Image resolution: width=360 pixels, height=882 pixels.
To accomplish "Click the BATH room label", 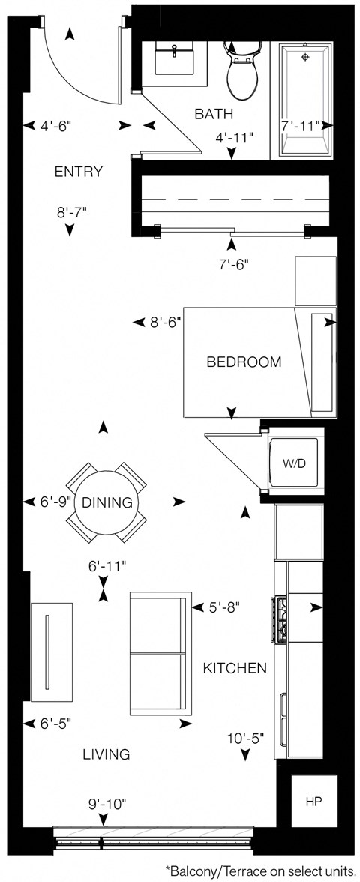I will [214, 114].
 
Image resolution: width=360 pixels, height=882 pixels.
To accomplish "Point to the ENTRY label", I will [78, 172].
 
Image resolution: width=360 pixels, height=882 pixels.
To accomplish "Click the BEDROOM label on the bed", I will [244, 361].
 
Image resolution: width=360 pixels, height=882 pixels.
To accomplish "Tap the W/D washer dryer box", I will [294, 463].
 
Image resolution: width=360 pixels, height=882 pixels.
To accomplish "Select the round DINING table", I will [106, 502].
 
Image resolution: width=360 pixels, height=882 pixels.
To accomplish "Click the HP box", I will [312, 802].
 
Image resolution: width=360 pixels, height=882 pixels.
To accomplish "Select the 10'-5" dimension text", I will [245, 738].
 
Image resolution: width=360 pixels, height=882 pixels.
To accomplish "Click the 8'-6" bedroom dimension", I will [165, 322].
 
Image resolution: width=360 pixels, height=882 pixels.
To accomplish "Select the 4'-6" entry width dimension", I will [57, 127].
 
